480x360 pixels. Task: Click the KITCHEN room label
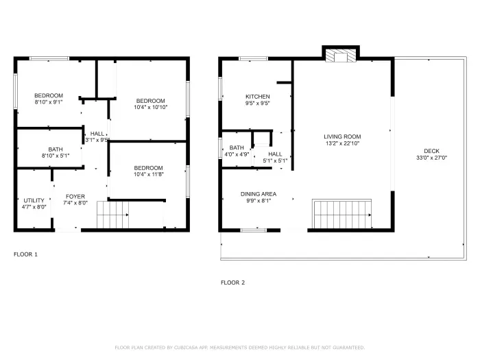point(257,97)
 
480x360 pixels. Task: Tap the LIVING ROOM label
point(342,136)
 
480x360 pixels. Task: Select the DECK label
point(431,152)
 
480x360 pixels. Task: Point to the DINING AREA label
point(258,194)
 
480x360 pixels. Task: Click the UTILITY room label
point(34,200)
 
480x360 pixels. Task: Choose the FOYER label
point(75,197)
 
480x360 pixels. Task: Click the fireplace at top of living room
point(341,56)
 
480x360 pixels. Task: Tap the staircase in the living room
point(341,214)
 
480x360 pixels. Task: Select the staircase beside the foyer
point(112,215)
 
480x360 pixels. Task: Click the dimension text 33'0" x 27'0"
point(431,158)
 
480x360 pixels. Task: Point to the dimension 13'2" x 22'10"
point(342,143)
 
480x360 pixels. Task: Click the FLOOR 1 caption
point(26,254)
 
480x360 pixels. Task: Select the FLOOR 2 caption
point(232,282)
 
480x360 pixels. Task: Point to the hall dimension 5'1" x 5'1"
point(275,161)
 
